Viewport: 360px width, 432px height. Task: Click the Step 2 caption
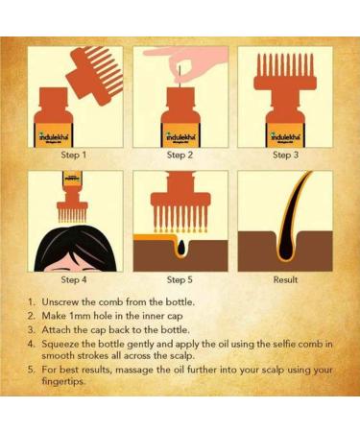click(x=180, y=155)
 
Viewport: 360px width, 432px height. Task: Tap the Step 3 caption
click(x=285, y=155)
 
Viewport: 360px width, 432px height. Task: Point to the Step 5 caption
click(x=180, y=279)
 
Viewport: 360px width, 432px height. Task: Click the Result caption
click(x=285, y=279)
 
